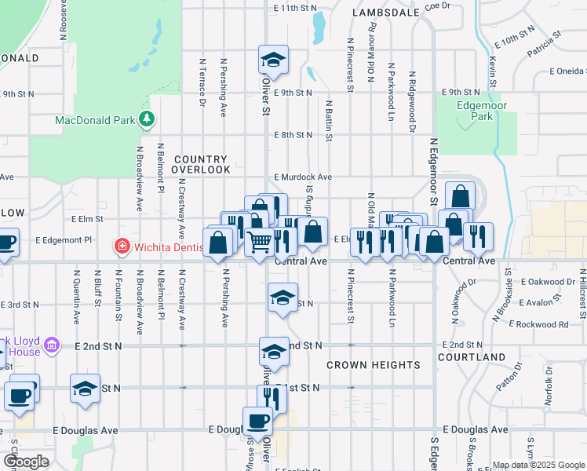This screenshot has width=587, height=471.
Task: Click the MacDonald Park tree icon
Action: [x=146, y=119]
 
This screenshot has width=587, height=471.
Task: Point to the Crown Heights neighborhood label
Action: [x=373, y=365]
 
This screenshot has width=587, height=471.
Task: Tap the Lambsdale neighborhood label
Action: [x=385, y=13]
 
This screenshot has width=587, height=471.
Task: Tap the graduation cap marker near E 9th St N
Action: [x=273, y=60]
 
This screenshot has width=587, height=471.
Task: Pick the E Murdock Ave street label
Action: [x=303, y=177]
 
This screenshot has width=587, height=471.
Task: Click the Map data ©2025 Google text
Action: [x=538, y=465]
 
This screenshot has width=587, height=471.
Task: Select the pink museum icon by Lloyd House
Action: [x=52, y=345]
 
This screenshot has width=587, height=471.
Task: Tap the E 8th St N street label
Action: [x=293, y=135]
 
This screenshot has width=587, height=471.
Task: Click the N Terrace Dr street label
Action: [x=202, y=82]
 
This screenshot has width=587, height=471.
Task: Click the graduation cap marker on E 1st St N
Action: [x=85, y=389]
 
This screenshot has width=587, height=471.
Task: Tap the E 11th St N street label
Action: [x=295, y=7]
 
